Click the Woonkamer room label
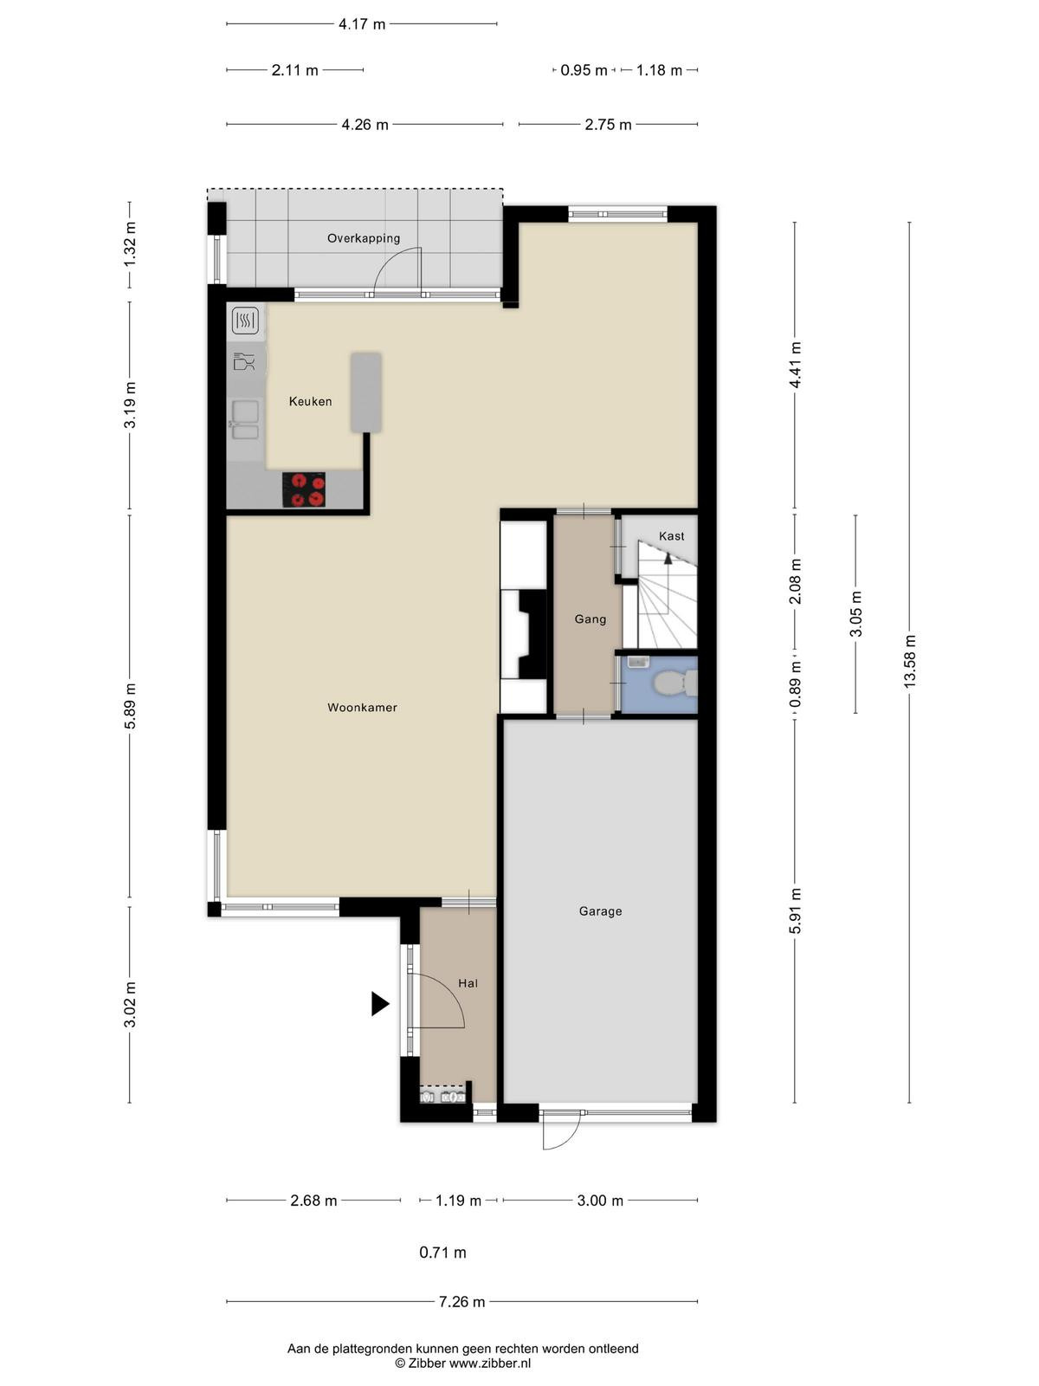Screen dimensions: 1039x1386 [x=362, y=708]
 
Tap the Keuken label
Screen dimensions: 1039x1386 [x=310, y=402]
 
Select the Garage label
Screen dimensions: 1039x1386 [x=601, y=911]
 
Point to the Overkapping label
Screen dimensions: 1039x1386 [x=364, y=239]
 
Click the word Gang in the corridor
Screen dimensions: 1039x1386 [x=590, y=619]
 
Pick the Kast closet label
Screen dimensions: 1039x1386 [x=671, y=536]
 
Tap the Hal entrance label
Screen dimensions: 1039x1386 [x=468, y=983]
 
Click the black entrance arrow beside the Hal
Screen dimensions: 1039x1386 [x=379, y=1004]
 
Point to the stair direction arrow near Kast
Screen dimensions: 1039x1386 [x=668, y=557]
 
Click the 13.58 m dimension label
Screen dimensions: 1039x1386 [x=909, y=660]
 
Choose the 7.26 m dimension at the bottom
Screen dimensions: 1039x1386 [x=461, y=1301]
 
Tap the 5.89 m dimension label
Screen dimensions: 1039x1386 [x=130, y=706]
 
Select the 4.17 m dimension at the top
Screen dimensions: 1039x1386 [x=361, y=24]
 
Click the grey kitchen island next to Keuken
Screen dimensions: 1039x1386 [x=366, y=392]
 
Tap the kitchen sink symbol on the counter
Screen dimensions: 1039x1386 [x=245, y=420]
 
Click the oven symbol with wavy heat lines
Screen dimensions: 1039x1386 [x=245, y=321]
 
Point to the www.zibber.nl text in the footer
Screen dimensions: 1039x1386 [x=489, y=1363]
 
